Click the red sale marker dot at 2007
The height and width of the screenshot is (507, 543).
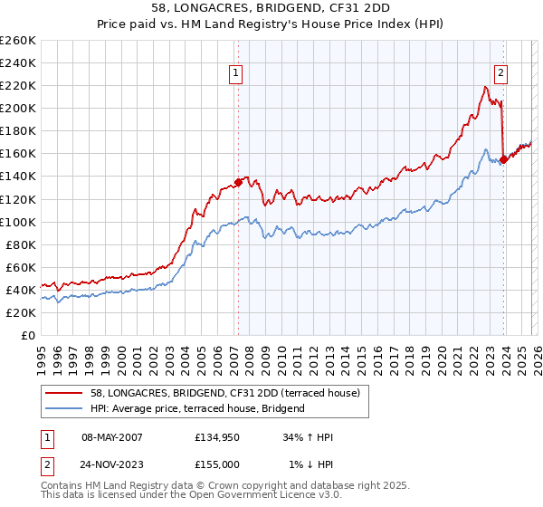tap(238, 181)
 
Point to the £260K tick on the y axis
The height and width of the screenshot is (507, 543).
tap(18, 41)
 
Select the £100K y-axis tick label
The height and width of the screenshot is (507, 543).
tap(18, 222)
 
